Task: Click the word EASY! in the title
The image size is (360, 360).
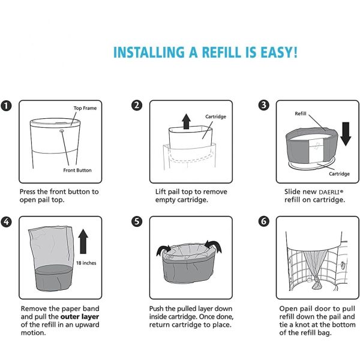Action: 273,52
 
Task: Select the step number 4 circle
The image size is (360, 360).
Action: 7,221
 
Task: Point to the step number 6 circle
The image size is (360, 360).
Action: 263,221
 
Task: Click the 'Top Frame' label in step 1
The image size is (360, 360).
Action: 85,109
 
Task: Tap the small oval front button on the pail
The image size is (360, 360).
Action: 62,129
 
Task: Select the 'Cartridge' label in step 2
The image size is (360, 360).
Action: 215,116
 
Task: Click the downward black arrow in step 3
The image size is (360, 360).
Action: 345,134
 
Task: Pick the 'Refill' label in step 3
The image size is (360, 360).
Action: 301,113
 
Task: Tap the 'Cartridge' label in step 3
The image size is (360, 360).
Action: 338,174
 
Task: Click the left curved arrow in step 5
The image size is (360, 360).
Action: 161,248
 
